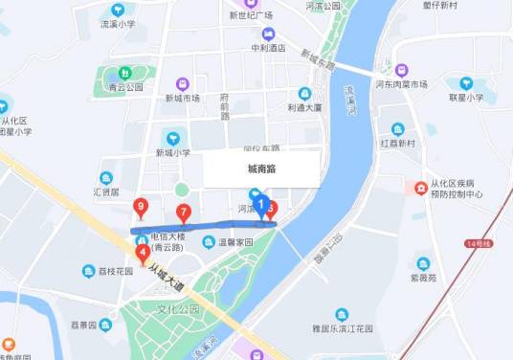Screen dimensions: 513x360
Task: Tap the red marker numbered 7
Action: [184, 213]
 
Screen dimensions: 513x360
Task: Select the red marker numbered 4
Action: [143, 254]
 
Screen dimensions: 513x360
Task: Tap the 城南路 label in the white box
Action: [261, 169]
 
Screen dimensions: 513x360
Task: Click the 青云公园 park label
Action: [125, 86]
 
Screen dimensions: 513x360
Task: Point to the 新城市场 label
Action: [182, 98]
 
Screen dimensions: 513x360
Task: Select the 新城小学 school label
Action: [173, 152]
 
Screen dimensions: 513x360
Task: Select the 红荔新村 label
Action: [397, 143]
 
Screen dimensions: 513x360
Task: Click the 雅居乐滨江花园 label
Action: [342, 327]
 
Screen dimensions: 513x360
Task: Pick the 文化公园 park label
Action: [178, 309]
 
